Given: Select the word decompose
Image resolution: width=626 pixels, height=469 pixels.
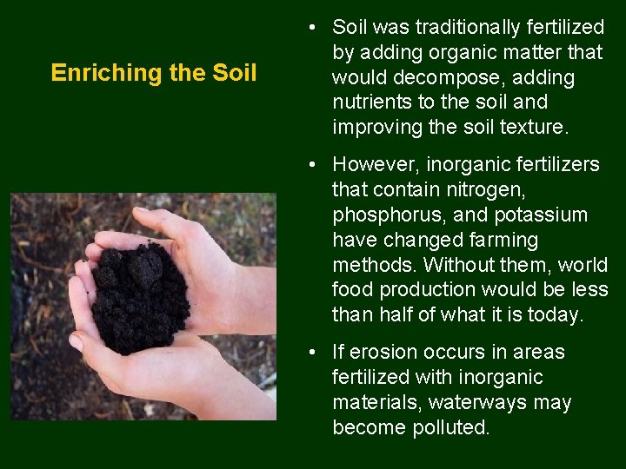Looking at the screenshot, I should pos(437,78).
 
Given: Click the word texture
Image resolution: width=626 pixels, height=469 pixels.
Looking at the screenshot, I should pos(533,128).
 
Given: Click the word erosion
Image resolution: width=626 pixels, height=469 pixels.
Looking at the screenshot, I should pos(387,353).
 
